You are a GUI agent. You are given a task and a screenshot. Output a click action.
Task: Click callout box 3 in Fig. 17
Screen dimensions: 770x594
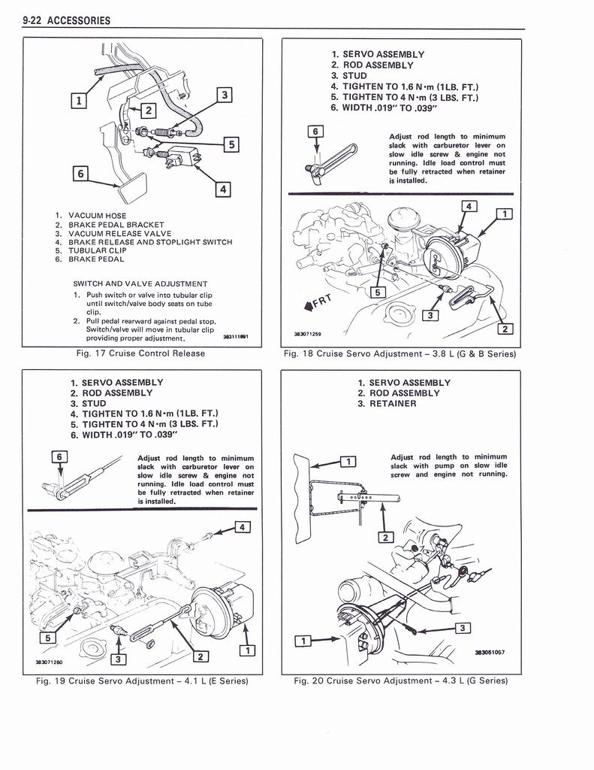(223, 95)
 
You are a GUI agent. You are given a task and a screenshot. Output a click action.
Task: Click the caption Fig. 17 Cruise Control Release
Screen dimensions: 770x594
(140, 353)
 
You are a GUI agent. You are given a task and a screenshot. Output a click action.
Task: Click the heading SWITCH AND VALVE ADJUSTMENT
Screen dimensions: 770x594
(140, 283)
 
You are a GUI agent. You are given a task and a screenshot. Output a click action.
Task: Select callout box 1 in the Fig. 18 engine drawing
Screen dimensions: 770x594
(505, 214)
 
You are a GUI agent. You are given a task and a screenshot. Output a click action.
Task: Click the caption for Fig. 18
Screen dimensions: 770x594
(399, 353)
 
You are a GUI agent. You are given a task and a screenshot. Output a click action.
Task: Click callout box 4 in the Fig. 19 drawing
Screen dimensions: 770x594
(242, 526)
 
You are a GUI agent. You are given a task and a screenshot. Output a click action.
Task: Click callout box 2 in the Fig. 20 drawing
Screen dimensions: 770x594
(386, 537)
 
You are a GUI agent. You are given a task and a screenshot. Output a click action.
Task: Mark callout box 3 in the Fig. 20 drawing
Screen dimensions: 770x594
(463, 628)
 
